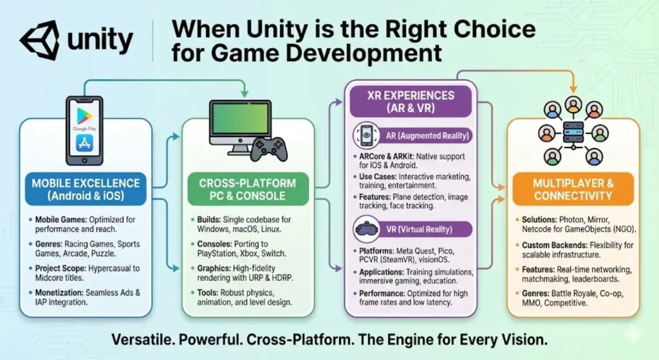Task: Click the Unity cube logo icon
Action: [39, 39]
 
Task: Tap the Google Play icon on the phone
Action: [84, 115]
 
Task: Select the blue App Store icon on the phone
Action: [84, 144]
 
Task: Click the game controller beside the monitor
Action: [269, 149]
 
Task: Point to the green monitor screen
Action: [241, 119]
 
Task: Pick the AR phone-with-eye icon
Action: [366, 135]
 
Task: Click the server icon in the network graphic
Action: [573, 133]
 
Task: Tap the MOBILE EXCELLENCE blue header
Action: [86, 189]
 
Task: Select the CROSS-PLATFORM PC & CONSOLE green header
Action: [248, 189]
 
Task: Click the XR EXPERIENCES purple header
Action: [411, 101]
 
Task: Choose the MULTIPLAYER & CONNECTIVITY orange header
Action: [573, 189]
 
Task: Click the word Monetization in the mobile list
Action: [59, 293]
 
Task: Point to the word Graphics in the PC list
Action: [214, 269]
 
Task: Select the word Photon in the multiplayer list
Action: [572, 220]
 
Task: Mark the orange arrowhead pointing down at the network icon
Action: [573, 89]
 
